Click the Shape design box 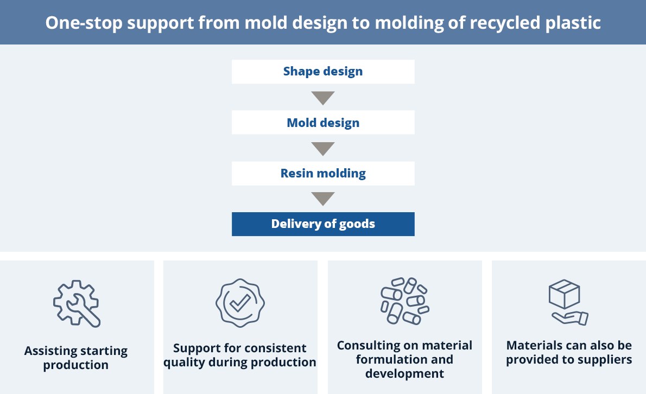pyautogui.click(x=323, y=72)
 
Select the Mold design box pyautogui.click(x=323, y=123)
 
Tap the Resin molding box pyautogui.click(x=323, y=174)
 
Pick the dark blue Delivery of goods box pyautogui.click(x=323, y=224)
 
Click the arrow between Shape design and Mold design pyautogui.click(x=323, y=98)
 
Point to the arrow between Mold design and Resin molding pyautogui.click(x=323, y=148)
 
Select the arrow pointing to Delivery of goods pyautogui.click(x=323, y=199)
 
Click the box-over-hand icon pyautogui.click(x=568, y=303)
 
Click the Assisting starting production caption pyautogui.click(x=76, y=358)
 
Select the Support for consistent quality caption pyautogui.click(x=240, y=355)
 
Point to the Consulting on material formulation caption pyautogui.click(x=404, y=359)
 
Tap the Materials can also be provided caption pyautogui.click(x=569, y=352)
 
